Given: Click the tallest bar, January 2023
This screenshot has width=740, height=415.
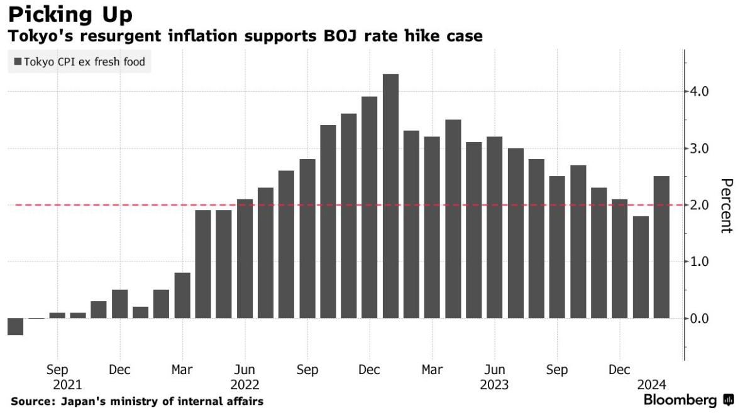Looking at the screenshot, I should coord(390,196).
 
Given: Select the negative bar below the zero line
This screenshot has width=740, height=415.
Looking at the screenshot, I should coord(16,326).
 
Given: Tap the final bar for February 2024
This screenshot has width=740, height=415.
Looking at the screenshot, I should coord(661,247).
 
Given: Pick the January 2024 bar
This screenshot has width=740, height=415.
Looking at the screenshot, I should coord(641,267).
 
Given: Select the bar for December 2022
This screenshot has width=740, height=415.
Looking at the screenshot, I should coord(370,207).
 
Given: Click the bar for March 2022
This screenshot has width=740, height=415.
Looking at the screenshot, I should coord(182,296).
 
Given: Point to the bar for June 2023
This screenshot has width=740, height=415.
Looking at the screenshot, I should coord(495,227).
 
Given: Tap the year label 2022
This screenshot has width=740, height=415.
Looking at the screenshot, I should coord(245,385).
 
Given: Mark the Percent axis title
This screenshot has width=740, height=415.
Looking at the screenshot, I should coord(726,206).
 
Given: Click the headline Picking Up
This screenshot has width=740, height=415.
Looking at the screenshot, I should coord(70,14).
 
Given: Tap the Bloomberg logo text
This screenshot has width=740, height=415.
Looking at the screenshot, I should coord(680,401).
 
